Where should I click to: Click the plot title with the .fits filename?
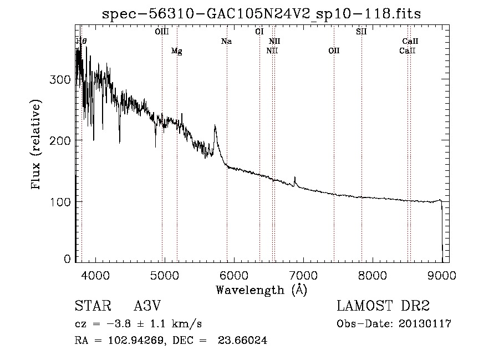262,14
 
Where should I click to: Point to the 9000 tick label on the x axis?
442,275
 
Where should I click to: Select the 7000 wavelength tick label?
303,275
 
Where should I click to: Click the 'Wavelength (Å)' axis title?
261,290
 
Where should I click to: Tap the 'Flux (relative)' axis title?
37,145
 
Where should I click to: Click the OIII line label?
161,32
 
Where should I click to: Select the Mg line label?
176,51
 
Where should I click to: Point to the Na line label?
226,41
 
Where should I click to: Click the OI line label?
259,32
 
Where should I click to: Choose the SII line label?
361,32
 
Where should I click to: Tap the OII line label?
333,51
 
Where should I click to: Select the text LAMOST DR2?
383,306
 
